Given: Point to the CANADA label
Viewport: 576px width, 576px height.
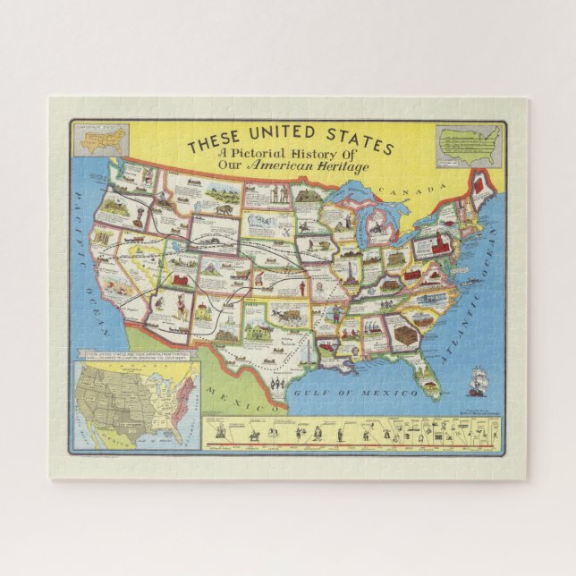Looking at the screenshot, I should [x=411, y=190].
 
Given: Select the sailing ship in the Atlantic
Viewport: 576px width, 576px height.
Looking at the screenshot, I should [x=477, y=379].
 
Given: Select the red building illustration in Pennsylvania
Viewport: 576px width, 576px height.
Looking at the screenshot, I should [x=439, y=244].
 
